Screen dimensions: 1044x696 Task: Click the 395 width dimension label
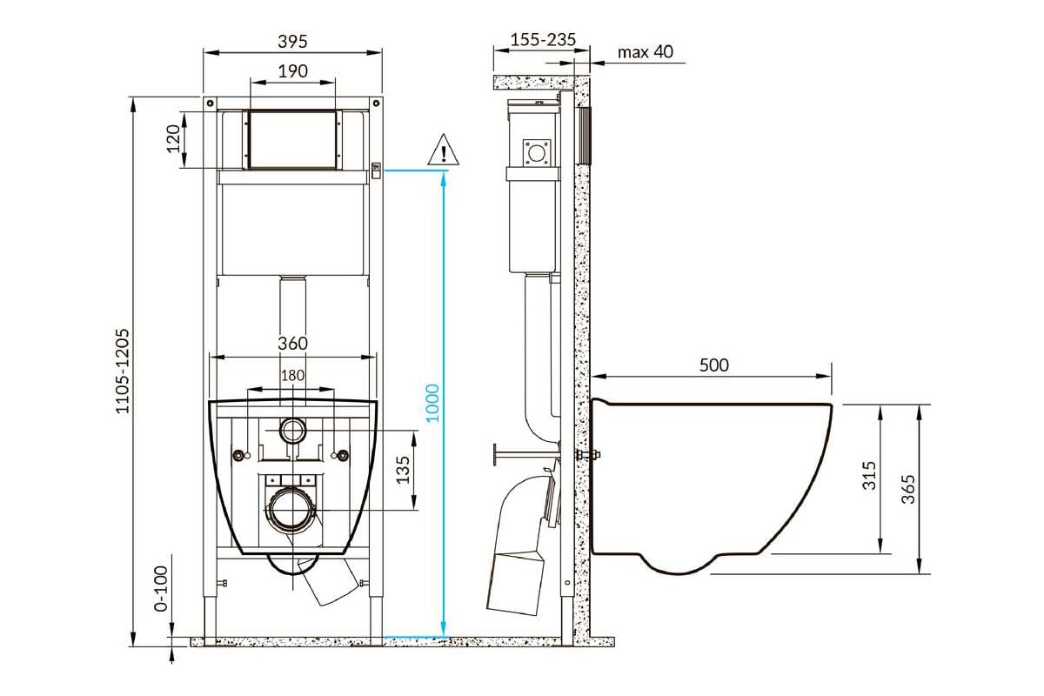pos(292,42)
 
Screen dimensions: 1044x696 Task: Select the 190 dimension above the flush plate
pos(292,71)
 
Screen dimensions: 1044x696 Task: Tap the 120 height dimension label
pos(173,138)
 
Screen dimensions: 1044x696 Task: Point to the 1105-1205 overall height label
pos(122,371)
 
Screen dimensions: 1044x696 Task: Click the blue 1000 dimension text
pos(432,403)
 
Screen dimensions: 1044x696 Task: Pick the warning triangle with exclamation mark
pos(443,150)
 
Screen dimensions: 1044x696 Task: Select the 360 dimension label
pos(292,344)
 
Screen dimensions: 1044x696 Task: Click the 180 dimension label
pos(292,375)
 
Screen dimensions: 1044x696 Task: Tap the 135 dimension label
pos(403,470)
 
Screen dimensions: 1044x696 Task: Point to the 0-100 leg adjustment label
pos(161,588)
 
